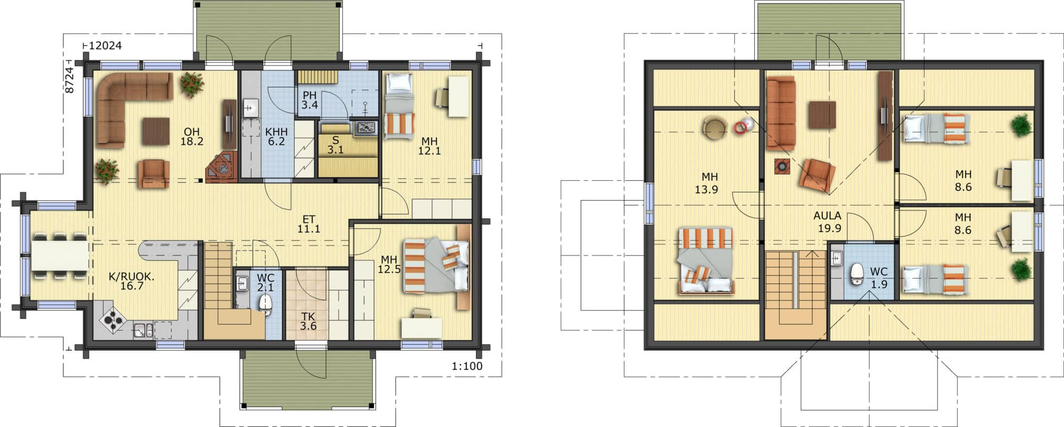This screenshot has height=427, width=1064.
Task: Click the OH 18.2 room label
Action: click(192, 136)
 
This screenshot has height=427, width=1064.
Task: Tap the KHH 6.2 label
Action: click(276, 136)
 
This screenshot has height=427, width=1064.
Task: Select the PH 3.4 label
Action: click(310, 100)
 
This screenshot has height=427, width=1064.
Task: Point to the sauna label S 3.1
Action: click(335, 145)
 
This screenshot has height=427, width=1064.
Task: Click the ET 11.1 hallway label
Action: click(309, 224)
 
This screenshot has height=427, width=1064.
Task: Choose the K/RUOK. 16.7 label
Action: click(131, 281)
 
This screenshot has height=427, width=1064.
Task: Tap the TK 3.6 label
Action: click(308, 321)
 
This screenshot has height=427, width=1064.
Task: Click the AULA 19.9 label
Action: click(827, 221)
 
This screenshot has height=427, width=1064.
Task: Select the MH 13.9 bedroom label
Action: click(707, 182)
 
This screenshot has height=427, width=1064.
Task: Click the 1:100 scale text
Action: click(467, 366)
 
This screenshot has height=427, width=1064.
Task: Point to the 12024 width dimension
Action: click(105, 46)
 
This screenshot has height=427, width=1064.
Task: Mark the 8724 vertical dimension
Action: click(70, 80)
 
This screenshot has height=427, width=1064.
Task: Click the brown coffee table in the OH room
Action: click(156, 130)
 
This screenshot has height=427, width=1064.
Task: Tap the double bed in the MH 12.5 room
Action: click(436, 266)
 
